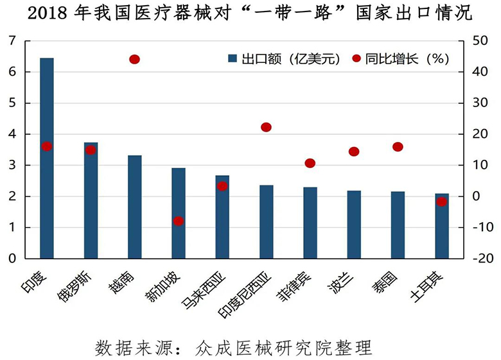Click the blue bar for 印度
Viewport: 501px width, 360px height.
[x=46, y=158]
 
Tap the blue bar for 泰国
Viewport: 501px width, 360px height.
[x=398, y=225]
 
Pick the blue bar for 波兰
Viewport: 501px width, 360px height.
[x=354, y=224]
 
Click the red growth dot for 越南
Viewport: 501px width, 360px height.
[x=134, y=60]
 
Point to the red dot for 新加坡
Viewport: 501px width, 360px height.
[x=179, y=221]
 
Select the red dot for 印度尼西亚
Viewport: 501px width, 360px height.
[x=266, y=127]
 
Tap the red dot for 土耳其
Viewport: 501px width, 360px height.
[x=441, y=201]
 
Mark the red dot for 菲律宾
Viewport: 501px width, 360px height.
[x=310, y=163]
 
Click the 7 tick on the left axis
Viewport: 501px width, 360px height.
[x=12, y=41]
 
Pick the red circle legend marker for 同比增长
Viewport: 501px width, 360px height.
[x=356, y=59]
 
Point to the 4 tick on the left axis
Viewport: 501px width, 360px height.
[x=12, y=134]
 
